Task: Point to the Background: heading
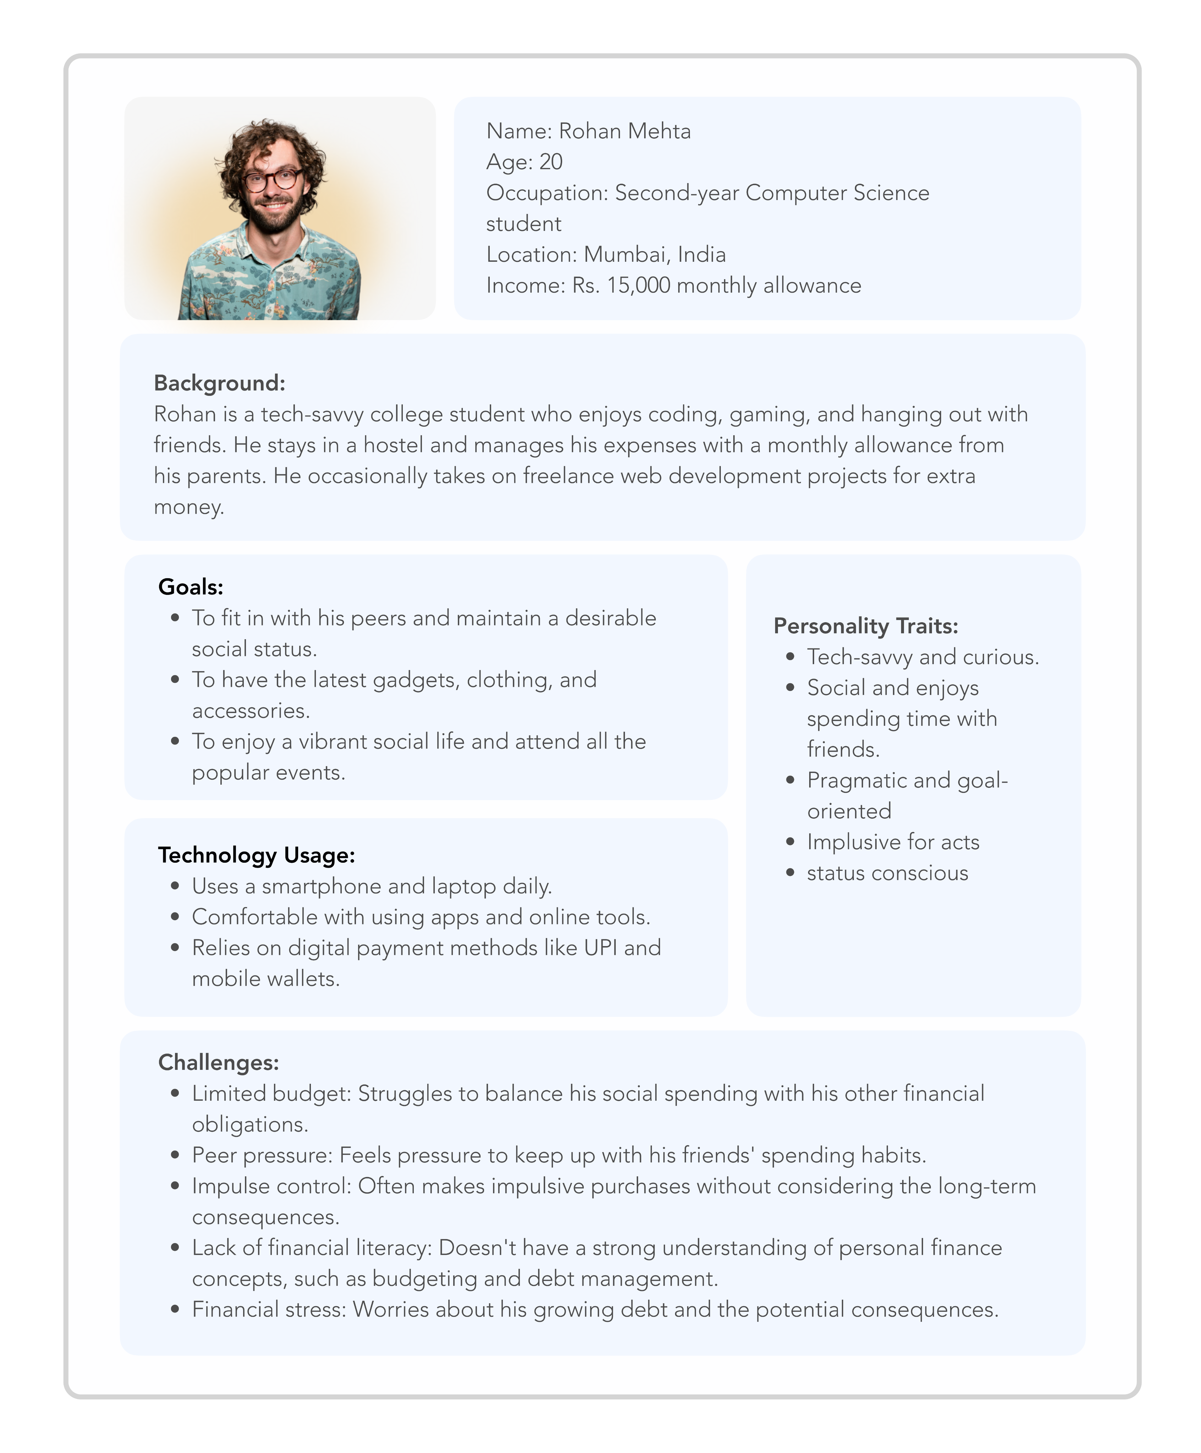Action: pyautogui.click(x=219, y=383)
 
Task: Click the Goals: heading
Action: pyautogui.click(x=191, y=587)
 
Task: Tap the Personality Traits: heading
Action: pyautogui.click(x=866, y=626)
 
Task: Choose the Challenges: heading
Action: pyautogui.click(x=219, y=1063)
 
